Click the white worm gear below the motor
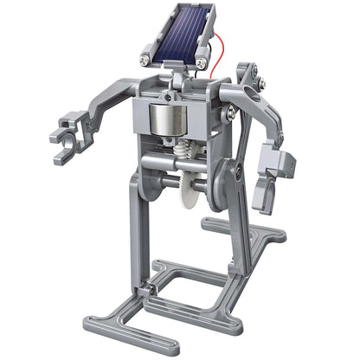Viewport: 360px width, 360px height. (183, 155)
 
